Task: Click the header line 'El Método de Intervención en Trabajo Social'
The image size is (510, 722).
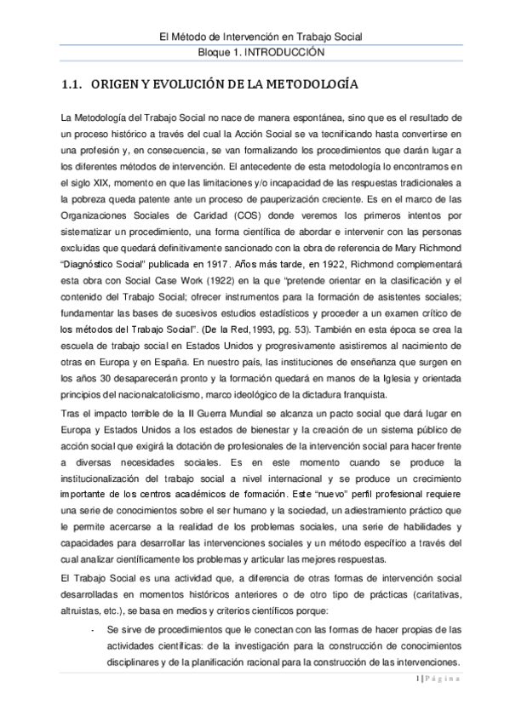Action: point(255,36)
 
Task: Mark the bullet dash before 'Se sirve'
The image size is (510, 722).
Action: point(92,630)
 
